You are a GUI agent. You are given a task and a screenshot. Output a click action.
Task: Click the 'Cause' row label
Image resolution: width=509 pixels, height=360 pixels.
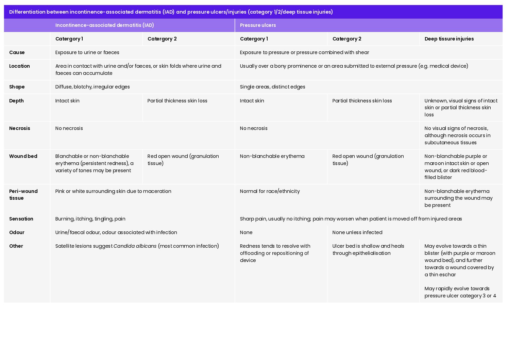coord(17,52)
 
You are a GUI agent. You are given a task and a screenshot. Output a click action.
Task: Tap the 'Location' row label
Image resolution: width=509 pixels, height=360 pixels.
coord(19,66)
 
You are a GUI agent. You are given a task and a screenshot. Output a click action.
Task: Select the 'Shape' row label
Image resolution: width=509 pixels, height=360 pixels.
coord(17,87)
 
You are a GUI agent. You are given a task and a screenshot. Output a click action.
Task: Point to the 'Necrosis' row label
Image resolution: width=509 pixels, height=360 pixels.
coord(20,128)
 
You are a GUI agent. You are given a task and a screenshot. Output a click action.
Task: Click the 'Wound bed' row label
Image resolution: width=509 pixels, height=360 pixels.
coord(23,156)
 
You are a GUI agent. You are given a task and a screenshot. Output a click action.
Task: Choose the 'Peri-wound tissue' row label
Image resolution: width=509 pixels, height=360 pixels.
coord(23,195)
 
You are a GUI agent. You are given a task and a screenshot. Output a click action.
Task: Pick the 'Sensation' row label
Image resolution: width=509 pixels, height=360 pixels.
coord(21,219)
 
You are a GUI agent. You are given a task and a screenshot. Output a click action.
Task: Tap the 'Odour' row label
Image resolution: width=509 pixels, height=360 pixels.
coord(17,232)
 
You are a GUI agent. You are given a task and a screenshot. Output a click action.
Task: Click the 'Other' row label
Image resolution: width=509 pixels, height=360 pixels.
coord(16,246)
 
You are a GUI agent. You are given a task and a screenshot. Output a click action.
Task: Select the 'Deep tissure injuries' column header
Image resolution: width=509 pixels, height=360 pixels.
coord(449,39)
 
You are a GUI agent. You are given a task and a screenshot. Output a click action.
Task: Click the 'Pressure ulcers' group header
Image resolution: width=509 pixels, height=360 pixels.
coord(258,25)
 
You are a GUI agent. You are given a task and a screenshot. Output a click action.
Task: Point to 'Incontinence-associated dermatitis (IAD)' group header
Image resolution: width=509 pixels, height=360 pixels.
coord(105,25)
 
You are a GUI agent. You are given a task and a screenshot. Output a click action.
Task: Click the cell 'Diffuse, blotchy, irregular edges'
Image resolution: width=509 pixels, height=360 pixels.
coord(92,87)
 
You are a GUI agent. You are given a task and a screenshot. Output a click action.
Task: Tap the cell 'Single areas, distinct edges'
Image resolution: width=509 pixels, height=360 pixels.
coord(272,87)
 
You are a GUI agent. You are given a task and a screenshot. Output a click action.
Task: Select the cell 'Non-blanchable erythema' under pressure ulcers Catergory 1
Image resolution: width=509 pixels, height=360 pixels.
coord(272,156)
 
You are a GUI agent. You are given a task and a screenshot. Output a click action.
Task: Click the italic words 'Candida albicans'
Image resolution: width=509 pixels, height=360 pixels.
coord(135,246)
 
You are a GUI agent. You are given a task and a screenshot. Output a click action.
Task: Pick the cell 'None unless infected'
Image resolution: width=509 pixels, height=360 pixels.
coord(357,232)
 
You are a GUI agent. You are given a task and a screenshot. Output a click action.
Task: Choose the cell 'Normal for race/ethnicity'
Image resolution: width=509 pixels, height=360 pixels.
coord(270,191)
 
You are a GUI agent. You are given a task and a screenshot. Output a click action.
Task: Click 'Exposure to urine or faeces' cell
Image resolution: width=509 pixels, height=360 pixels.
coord(87,52)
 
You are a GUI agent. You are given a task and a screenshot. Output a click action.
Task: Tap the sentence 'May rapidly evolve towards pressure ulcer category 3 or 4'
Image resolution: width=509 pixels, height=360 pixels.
coord(460,292)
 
